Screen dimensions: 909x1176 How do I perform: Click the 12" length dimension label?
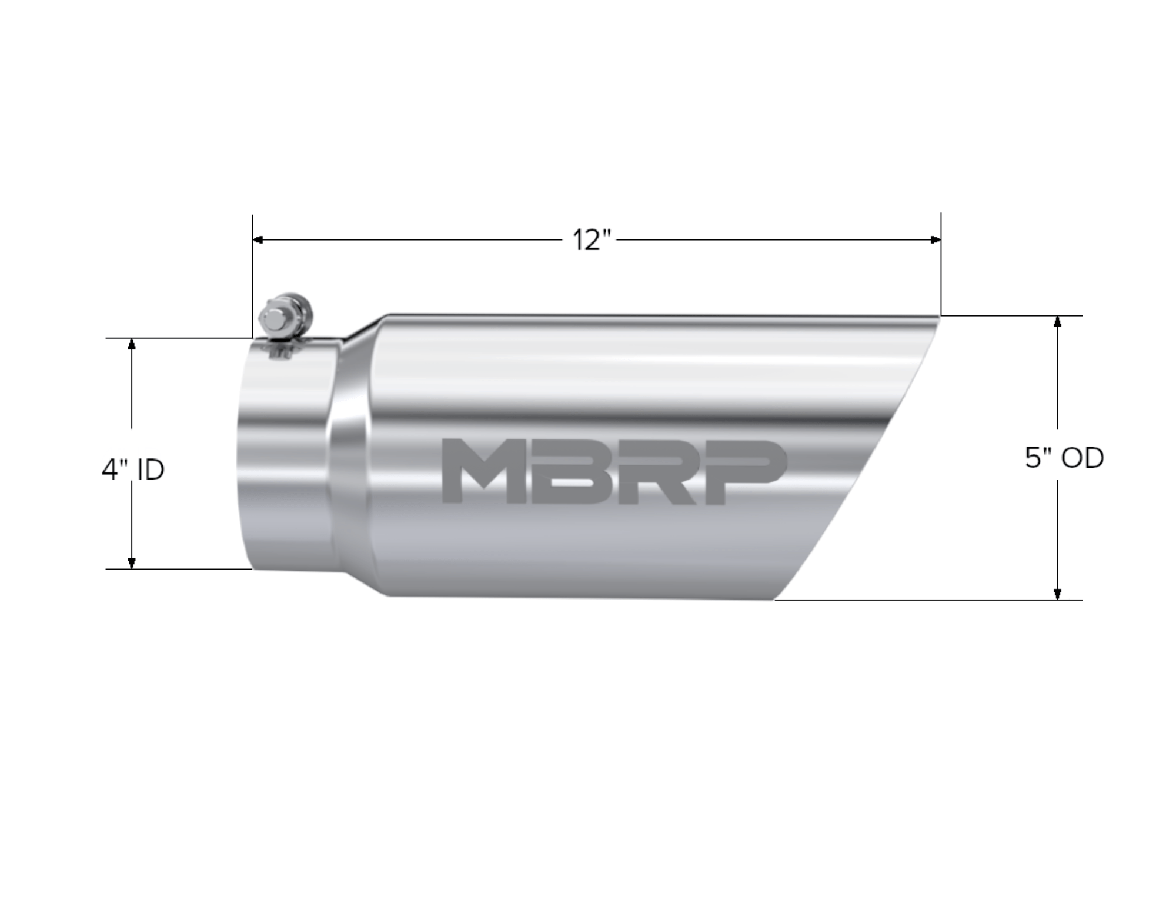click(592, 240)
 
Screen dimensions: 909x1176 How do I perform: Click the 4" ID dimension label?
click(133, 470)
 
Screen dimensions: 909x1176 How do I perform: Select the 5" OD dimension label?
click(1064, 458)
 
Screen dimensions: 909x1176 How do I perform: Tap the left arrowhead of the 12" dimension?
click(258, 240)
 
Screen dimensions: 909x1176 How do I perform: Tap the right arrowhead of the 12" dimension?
click(936, 240)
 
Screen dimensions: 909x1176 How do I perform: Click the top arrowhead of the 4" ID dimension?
click(132, 344)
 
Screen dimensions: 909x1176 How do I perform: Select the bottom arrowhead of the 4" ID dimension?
click(132, 563)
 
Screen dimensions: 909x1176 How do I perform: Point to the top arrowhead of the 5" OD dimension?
click(1057, 321)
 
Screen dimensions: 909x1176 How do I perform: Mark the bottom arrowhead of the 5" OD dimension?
click(1057, 594)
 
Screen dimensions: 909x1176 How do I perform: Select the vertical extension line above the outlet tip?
click(941, 265)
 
